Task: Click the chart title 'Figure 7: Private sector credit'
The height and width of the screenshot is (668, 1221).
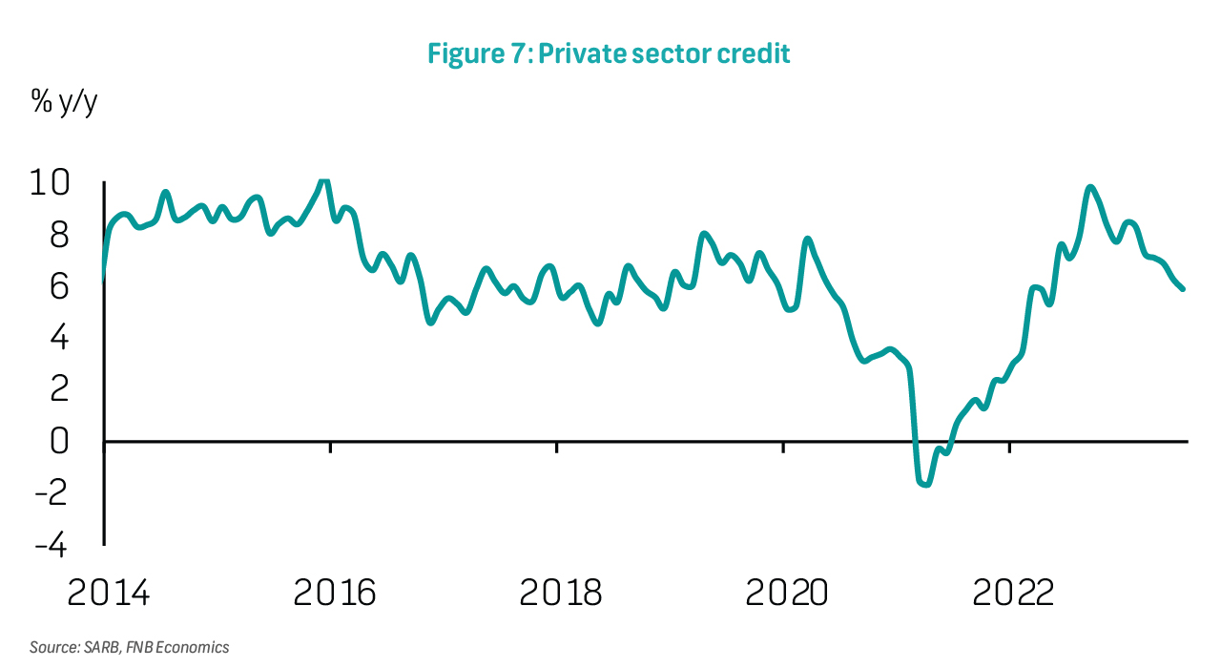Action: tap(609, 53)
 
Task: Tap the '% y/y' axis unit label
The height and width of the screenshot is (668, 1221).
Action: tap(65, 103)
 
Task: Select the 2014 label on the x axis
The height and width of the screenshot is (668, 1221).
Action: tap(108, 593)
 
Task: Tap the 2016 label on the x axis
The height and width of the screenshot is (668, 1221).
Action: tap(334, 593)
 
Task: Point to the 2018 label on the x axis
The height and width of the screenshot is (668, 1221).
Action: tap(561, 593)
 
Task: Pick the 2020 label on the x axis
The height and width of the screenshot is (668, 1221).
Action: tap(787, 593)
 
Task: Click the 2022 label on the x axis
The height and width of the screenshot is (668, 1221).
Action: tap(1013, 593)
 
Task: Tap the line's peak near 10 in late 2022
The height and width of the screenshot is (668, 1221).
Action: tap(1090, 187)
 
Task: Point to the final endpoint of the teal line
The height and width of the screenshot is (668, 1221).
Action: tap(1183, 288)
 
